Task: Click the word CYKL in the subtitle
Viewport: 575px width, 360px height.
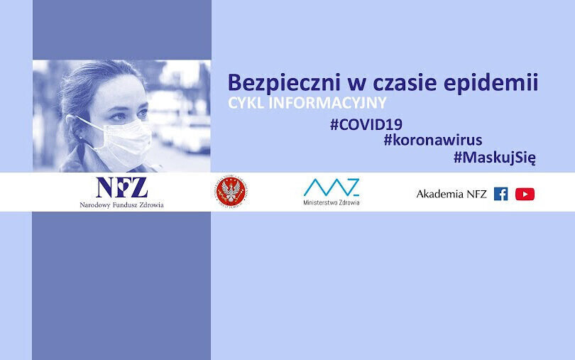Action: click(243, 102)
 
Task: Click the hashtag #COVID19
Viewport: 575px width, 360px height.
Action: click(366, 122)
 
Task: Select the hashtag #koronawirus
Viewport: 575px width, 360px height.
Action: click(432, 140)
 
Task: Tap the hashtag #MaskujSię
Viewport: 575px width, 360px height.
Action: click(494, 158)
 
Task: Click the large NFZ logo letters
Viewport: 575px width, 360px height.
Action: click(121, 187)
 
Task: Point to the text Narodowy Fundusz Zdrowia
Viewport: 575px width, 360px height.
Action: click(121, 204)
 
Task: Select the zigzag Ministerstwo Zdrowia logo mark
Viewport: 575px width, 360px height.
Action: click(331, 187)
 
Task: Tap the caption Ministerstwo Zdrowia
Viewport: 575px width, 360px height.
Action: click(331, 202)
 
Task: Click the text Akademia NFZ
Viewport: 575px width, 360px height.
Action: click(451, 194)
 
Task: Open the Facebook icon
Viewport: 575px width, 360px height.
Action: click(500, 194)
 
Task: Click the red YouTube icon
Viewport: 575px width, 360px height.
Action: click(525, 194)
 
